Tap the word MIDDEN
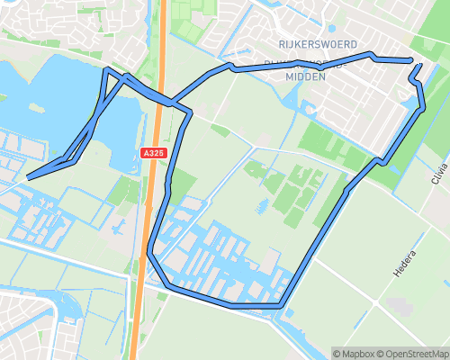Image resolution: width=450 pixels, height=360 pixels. (x=304, y=76)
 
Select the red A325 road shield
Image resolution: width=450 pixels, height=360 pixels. (x=154, y=155)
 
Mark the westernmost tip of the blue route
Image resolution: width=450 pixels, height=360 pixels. (x=29, y=177)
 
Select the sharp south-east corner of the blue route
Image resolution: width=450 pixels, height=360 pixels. (x=283, y=307)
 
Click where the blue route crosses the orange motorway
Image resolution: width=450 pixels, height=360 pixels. (x=158, y=97)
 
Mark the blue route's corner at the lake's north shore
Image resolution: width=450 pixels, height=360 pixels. (x=108, y=70)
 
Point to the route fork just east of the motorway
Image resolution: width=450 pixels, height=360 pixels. (x=190, y=111)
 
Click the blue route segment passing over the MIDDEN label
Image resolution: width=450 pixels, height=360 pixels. (x=297, y=62)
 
